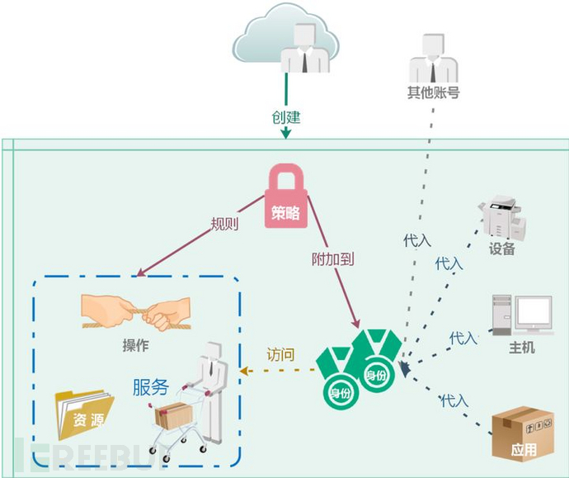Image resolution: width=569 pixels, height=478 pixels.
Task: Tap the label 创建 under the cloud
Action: coord(285,117)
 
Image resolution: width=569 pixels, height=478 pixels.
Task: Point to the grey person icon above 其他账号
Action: coord(432,59)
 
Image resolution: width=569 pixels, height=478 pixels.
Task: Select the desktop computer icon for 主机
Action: coord(521,315)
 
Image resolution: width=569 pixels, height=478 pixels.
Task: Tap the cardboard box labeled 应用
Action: coord(519,434)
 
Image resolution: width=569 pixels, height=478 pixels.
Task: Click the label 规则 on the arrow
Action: coord(224,224)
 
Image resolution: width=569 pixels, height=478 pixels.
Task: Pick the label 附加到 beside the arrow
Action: coord(334,258)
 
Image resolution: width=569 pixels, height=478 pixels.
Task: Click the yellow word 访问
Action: coord(280,354)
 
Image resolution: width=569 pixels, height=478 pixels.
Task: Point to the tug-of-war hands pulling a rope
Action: coord(137,314)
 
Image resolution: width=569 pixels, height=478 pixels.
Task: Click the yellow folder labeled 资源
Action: coord(83,415)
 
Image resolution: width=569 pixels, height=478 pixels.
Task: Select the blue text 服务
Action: coord(150,386)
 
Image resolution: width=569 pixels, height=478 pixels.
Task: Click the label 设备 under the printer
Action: coord(501,248)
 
